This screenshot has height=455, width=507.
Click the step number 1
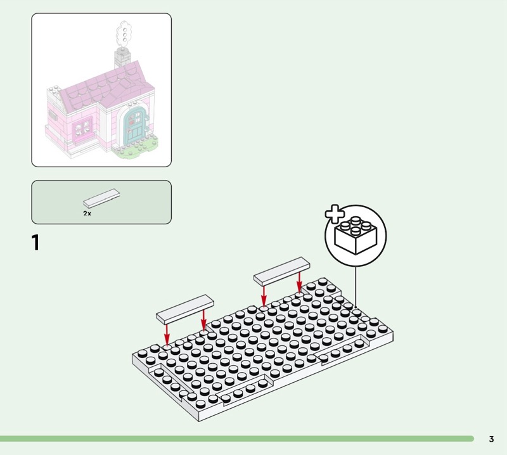tap(35, 243)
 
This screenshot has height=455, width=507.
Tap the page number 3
tap(491, 439)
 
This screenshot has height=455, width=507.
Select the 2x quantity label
tap(87, 214)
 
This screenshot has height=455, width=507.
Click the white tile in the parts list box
tap(102, 198)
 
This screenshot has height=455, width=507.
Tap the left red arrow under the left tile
tap(167, 333)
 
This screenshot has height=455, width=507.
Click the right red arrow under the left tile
tap(203, 319)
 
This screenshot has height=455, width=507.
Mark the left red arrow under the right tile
tap(264, 295)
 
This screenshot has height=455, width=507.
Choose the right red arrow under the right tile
tap(299, 282)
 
